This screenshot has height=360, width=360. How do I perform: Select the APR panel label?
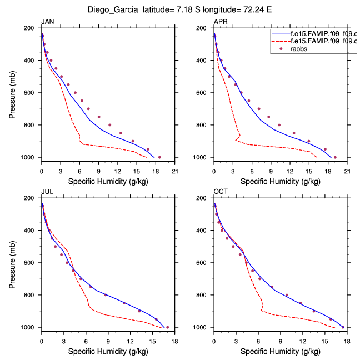tap(220, 22)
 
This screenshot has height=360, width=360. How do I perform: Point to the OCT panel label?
tap(221, 192)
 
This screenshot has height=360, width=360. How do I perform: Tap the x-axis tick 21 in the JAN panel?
tap(174, 171)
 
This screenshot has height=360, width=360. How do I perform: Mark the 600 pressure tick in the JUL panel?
tap(32, 263)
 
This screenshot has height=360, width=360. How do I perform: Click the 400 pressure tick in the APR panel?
tap(204, 61)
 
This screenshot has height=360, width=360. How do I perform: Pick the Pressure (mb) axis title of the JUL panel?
tap(13, 262)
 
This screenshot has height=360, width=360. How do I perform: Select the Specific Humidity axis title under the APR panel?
tap(280, 181)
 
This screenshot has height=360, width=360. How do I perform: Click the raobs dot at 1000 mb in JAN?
tap(159, 157)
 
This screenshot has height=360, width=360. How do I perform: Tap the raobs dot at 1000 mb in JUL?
tap(167, 327)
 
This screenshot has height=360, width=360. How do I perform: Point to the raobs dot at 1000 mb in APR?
tap(335, 157)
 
